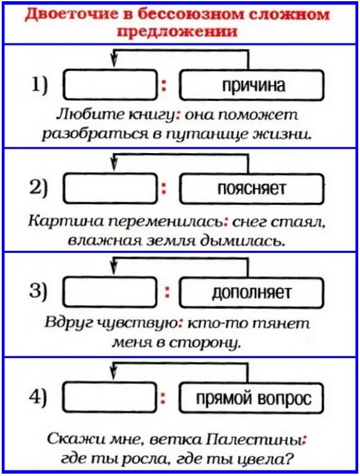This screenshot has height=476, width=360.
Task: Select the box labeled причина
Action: point(253,85)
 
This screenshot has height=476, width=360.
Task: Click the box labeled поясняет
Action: point(252,189)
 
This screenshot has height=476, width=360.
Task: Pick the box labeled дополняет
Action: point(252,292)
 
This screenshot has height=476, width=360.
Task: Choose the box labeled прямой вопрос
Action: point(253,398)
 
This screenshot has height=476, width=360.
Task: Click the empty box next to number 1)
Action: point(110,86)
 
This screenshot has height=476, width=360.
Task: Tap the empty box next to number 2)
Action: point(110,189)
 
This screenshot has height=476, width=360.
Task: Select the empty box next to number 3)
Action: point(110,292)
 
